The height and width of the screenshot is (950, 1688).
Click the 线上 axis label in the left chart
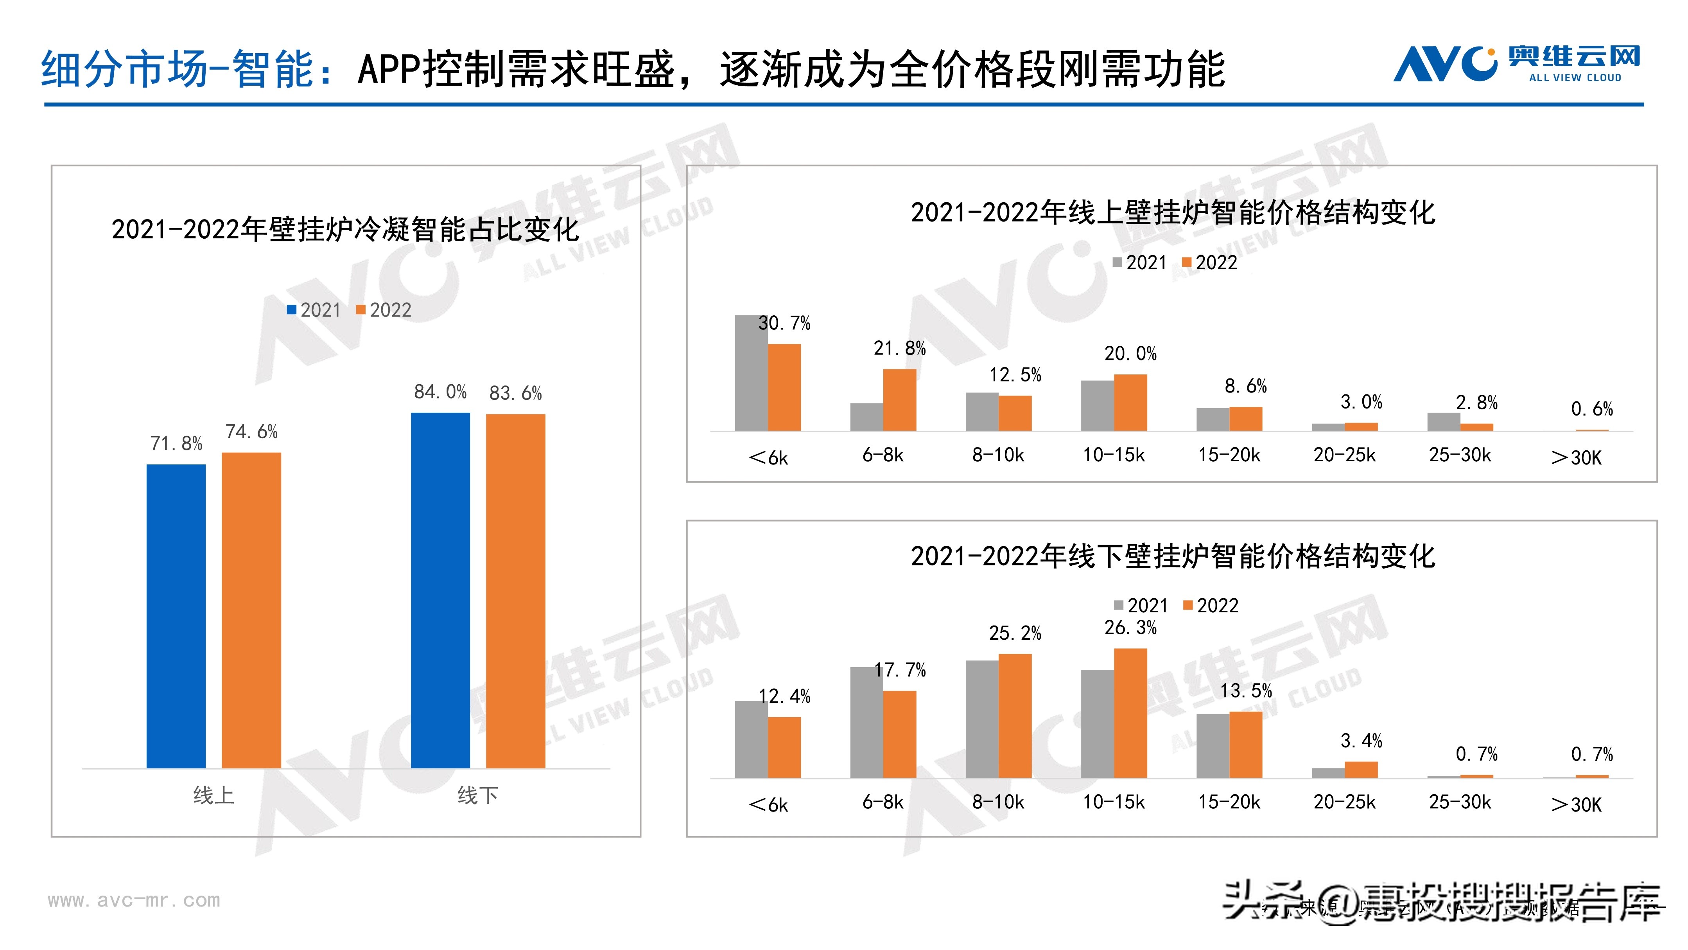pos(213,795)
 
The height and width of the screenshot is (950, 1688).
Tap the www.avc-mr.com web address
pos(134,900)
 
